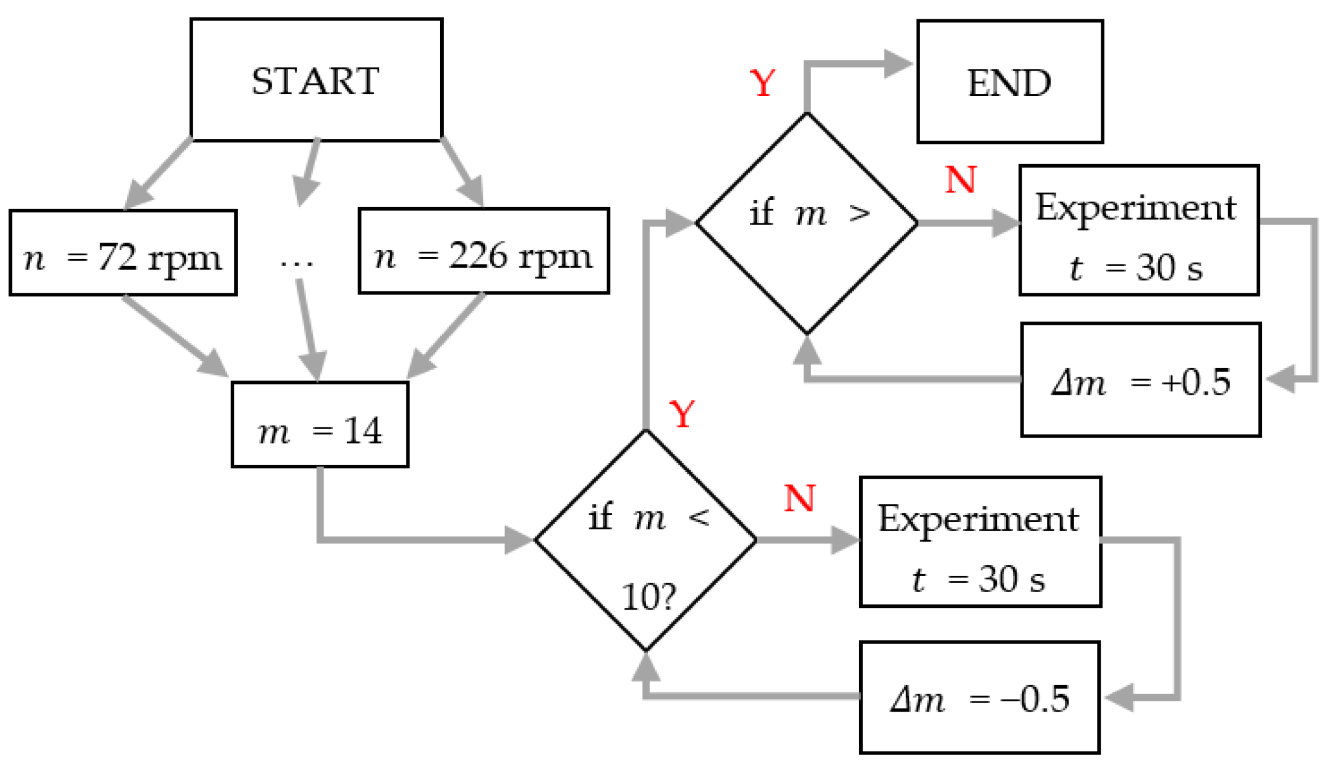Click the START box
point(316,80)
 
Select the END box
point(1010,82)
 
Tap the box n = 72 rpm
point(123,254)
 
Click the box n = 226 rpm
point(483,252)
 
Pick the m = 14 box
point(319,425)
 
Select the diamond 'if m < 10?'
point(645,541)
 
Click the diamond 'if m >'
point(807,223)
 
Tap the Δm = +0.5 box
point(1140,380)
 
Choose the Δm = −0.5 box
point(979,698)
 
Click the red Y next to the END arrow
point(762,83)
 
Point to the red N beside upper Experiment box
point(960,180)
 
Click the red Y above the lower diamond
point(682,415)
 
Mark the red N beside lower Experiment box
point(799,499)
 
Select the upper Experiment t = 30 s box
point(1139,231)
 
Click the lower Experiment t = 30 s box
point(980,542)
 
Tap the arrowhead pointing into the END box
point(898,64)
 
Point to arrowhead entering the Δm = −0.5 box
point(1119,698)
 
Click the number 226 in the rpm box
point(477,256)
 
